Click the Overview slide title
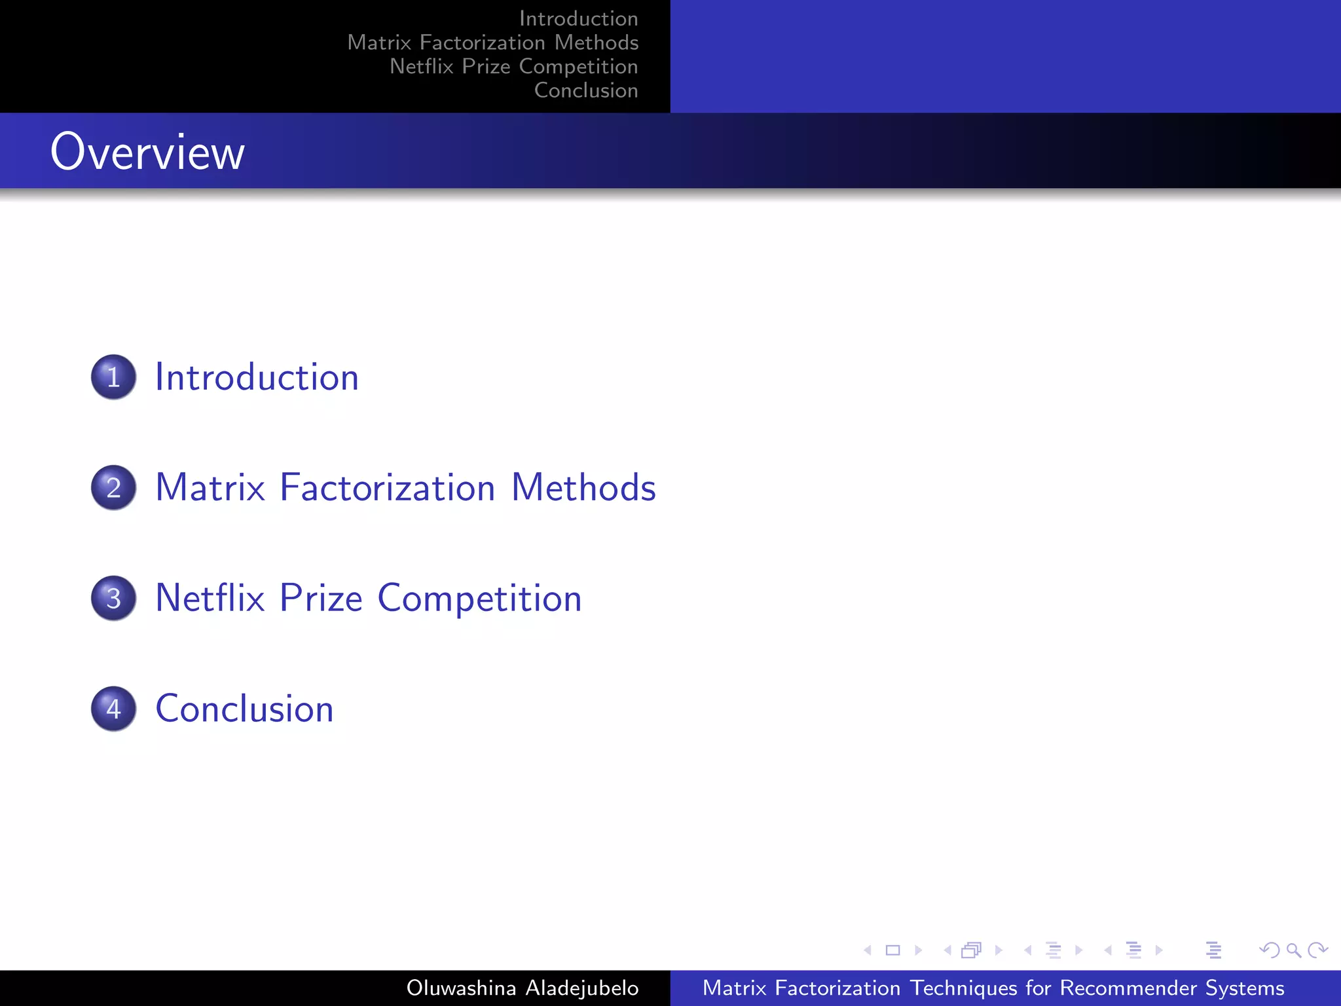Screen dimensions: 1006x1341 point(147,152)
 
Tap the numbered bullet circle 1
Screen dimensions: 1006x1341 point(113,377)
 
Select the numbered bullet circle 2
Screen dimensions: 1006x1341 point(113,488)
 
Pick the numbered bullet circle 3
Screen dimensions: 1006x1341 point(113,598)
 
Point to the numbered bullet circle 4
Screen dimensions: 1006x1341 point(113,709)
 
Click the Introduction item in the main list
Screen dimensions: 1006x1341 point(257,377)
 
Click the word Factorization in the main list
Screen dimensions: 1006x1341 point(387,488)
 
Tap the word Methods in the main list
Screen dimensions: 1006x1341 point(583,488)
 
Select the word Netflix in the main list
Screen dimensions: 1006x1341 point(210,598)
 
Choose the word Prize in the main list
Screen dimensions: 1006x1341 point(321,598)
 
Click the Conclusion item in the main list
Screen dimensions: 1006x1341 point(244,709)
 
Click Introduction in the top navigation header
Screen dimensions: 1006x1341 point(578,19)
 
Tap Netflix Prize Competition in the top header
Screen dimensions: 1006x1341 point(513,67)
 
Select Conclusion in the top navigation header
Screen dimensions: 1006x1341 point(586,90)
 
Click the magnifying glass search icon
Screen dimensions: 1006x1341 point(1293,950)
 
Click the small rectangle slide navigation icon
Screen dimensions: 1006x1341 point(892,950)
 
